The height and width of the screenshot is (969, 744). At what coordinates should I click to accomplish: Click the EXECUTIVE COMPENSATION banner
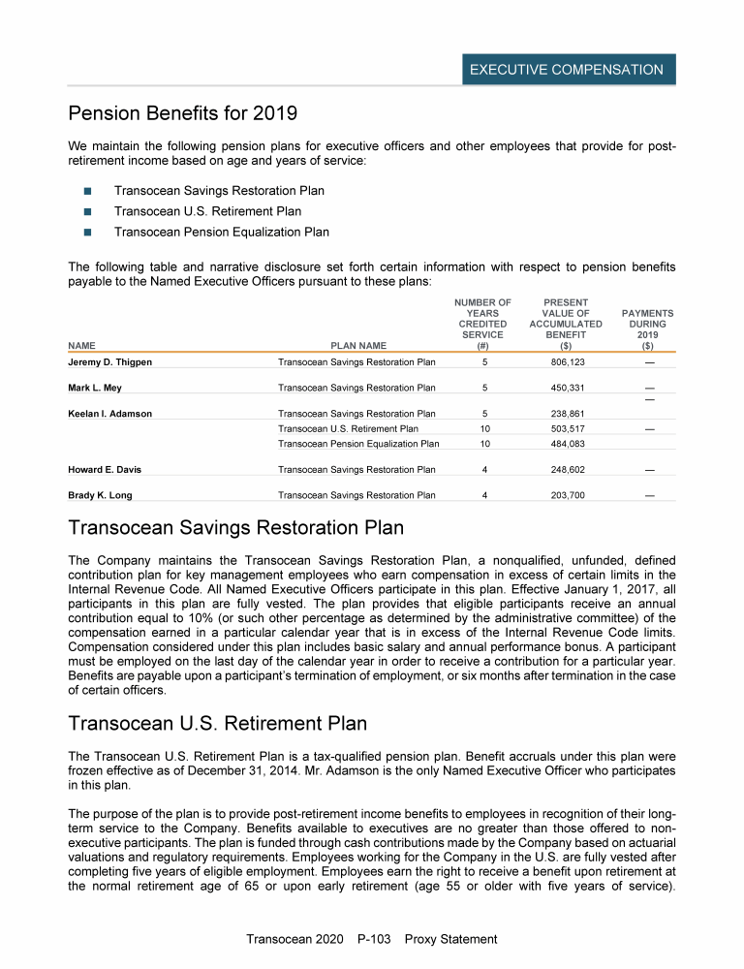(x=567, y=70)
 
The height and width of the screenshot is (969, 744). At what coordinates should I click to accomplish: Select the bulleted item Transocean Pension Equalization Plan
(x=221, y=232)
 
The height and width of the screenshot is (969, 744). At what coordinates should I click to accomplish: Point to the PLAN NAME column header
(x=358, y=344)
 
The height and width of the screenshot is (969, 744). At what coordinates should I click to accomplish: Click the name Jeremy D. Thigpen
(x=109, y=362)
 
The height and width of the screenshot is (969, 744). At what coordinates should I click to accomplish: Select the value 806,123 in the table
(x=566, y=362)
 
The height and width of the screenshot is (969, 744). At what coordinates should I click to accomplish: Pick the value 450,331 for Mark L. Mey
(x=566, y=388)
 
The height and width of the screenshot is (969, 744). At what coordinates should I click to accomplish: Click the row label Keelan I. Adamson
(x=109, y=414)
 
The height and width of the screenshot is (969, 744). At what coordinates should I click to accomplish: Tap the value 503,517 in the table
(x=566, y=428)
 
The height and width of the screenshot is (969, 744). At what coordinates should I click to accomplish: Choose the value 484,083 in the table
(x=566, y=444)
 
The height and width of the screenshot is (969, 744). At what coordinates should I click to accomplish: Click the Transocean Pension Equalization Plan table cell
(x=357, y=444)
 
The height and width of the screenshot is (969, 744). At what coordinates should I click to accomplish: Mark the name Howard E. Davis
(x=105, y=469)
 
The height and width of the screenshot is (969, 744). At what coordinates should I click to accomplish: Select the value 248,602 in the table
(x=566, y=469)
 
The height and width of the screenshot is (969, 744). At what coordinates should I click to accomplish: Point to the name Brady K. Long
(x=100, y=495)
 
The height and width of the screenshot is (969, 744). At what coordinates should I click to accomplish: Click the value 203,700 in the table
(x=566, y=495)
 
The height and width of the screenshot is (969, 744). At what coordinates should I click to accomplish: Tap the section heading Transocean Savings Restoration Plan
(x=235, y=528)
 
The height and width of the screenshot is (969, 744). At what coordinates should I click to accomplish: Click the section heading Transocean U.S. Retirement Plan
(x=218, y=724)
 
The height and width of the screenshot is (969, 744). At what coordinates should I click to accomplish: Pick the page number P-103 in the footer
(x=372, y=939)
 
